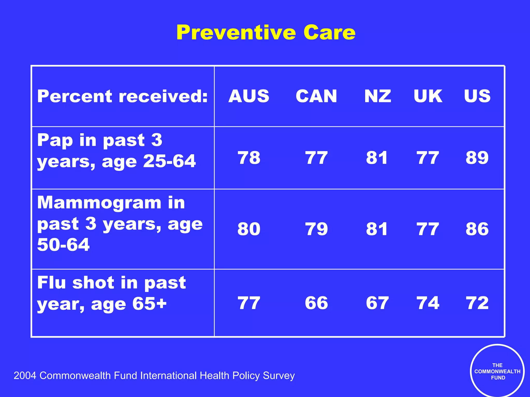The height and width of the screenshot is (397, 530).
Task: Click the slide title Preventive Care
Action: [266, 32]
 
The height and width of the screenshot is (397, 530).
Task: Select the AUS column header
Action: [249, 96]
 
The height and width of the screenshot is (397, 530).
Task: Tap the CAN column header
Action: [316, 96]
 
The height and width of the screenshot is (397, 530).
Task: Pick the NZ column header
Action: [378, 96]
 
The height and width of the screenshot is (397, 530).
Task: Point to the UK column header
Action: [428, 96]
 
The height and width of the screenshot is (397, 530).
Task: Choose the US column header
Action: [477, 96]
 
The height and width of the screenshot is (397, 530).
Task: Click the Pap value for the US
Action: [477, 158]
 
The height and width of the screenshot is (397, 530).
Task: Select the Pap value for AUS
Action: [249, 158]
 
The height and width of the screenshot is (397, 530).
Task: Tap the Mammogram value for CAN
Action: [316, 229]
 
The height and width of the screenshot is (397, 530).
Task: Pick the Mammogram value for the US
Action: [477, 229]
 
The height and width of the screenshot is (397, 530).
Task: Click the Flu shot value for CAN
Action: [316, 303]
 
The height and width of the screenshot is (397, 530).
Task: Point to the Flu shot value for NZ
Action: [377, 303]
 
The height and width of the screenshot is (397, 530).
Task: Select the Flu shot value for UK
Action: [428, 303]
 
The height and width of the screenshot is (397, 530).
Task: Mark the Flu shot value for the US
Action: [477, 303]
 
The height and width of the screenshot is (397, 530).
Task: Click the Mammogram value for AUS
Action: [249, 229]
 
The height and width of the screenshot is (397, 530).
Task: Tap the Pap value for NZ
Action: [377, 158]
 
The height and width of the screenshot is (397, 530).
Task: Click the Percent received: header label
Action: [122, 96]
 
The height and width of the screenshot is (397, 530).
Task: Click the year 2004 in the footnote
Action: [25, 376]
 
